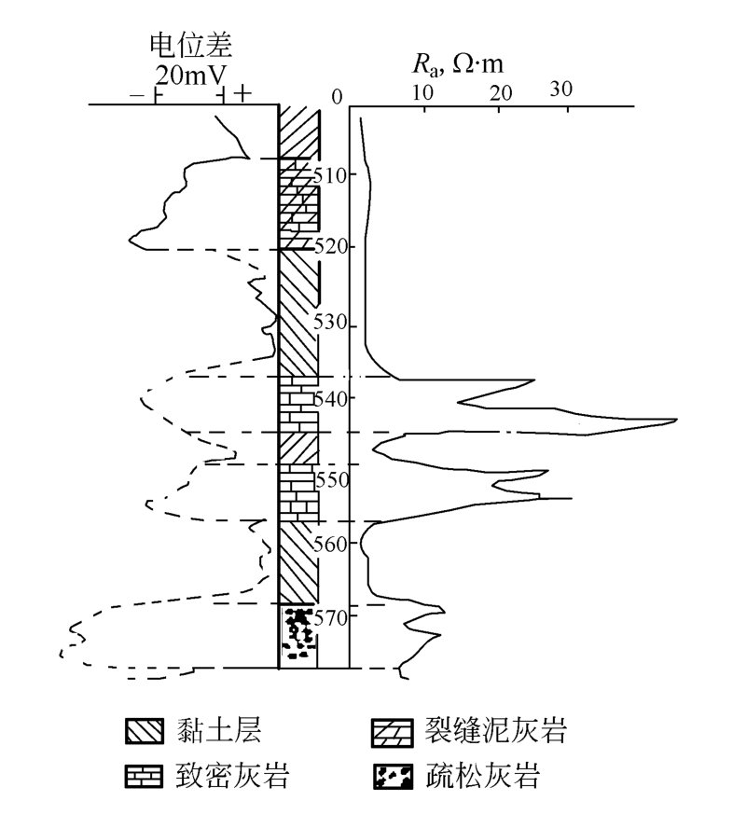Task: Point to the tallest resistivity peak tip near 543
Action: click(676, 421)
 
